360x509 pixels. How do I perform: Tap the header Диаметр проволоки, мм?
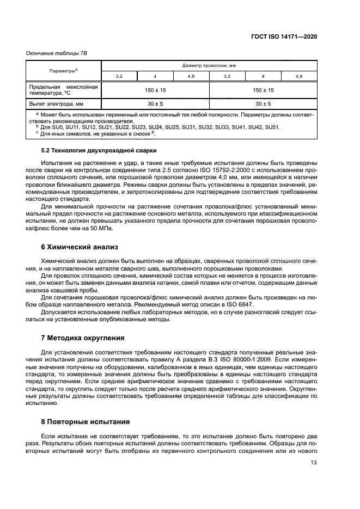tap(209, 65)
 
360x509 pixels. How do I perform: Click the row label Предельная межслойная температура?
tap(62, 89)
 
